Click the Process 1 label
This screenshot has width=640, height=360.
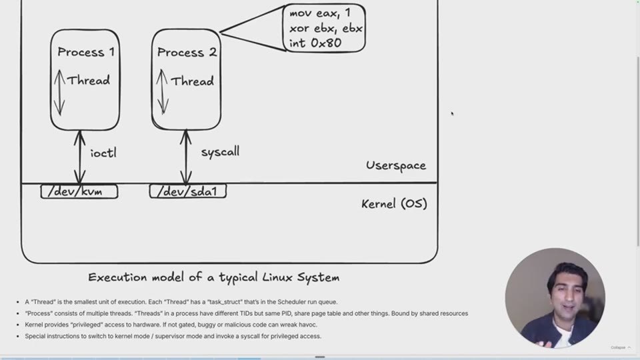pos(86,52)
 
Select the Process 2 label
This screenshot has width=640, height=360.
pos(187,52)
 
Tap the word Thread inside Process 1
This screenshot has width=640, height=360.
pos(88,80)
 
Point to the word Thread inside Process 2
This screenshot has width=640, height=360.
pos(192,81)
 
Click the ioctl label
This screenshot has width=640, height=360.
pos(103,153)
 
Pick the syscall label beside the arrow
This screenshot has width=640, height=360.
pos(220,152)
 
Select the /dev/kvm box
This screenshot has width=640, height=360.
pos(79,191)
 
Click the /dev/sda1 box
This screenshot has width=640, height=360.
pos(188,191)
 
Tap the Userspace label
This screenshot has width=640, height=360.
pos(396,165)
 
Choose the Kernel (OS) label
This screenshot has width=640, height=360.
pos(394,203)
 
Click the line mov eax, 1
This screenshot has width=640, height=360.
pos(319,13)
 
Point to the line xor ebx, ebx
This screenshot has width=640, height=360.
pos(326,28)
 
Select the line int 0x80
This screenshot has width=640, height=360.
pos(315,43)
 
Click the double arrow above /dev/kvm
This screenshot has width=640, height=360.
pos(79,157)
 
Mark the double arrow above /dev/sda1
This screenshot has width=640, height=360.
pos(186,157)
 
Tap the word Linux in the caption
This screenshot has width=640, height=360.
pos(277,277)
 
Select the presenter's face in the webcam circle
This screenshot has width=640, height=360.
pos(567,292)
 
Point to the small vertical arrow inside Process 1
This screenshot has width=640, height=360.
pos(59,92)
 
